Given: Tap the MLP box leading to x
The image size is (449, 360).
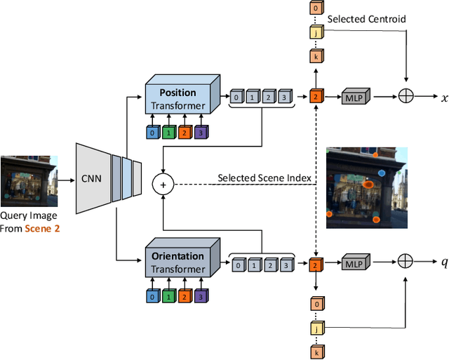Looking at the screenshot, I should [352, 98].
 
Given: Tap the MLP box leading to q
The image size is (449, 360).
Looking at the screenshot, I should [352, 263].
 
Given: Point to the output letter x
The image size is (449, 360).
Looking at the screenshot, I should [443, 98].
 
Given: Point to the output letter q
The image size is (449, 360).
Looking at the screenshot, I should [443, 262].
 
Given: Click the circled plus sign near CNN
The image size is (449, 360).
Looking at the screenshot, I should [163, 185].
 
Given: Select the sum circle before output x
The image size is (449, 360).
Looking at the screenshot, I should [406, 98].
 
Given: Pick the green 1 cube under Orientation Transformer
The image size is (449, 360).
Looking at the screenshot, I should [169, 295].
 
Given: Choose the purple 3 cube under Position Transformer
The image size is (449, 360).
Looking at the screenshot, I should [201, 131].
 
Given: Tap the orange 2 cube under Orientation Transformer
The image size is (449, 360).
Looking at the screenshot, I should [185, 295].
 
